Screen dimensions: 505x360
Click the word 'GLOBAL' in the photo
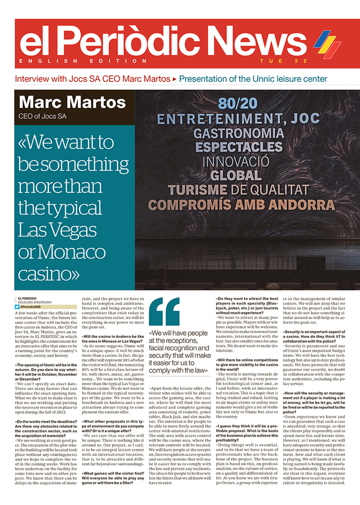pos(239,176)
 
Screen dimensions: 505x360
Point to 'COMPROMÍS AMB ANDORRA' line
pos(239,205)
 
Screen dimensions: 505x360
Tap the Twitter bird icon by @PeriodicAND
pos(17,306)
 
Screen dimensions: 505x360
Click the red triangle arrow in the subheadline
pos(175,79)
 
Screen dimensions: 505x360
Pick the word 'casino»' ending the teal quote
pos(48,272)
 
